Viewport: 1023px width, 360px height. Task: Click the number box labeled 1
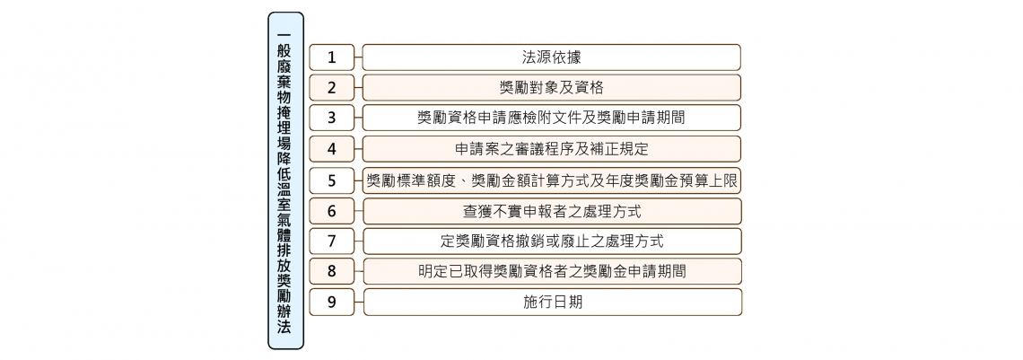[x=331, y=57]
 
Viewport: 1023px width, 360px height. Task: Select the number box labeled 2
[x=331, y=87]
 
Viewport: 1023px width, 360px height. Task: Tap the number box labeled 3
[x=331, y=118]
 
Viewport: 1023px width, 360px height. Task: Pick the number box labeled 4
[x=331, y=149]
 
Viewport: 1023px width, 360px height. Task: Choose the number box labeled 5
[x=331, y=180]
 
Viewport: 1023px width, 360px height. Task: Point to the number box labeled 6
[x=331, y=211]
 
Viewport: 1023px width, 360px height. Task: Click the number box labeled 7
[x=331, y=241]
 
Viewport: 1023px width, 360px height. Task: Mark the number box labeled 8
[x=331, y=271]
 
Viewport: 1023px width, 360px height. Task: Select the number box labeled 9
[x=331, y=302]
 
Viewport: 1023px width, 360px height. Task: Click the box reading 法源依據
[x=552, y=57]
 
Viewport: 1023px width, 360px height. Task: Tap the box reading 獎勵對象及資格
[x=552, y=87]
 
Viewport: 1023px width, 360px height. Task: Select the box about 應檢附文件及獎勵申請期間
[x=552, y=118]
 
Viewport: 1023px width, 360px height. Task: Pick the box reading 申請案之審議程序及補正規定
[x=552, y=149]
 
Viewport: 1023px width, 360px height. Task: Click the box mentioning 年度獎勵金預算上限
[x=552, y=180]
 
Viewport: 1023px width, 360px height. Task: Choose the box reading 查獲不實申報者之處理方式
[x=552, y=211]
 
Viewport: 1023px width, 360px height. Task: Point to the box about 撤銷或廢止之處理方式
[x=552, y=241]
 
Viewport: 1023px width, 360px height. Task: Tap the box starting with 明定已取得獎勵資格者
[x=552, y=271]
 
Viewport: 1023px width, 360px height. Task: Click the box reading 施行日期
[x=552, y=302]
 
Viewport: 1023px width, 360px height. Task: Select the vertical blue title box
[x=285, y=180]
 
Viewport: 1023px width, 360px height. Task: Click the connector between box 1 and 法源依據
[x=359, y=57]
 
